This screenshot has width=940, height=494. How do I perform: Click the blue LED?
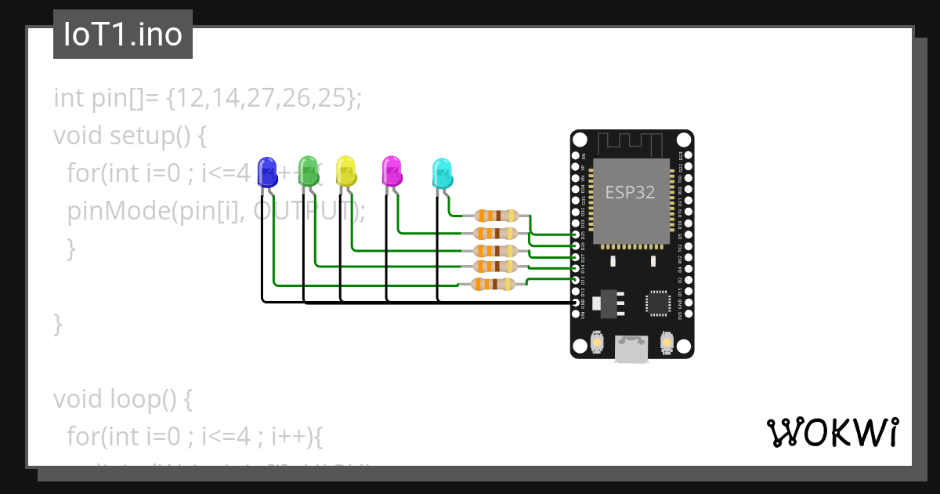click(268, 172)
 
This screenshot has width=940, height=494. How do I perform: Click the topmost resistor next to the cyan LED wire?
click(497, 216)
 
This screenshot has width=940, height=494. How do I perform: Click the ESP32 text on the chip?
click(630, 192)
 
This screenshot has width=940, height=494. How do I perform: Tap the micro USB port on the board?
click(631, 349)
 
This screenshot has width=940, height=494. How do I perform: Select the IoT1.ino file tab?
click(123, 35)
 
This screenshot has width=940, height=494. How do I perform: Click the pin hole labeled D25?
click(577, 234)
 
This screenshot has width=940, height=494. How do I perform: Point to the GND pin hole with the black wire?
click(577, 302)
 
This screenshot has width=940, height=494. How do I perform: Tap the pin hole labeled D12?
click(577, 280)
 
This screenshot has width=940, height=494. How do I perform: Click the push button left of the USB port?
click(597, 343)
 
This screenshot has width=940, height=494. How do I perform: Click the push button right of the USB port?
click(667, 343)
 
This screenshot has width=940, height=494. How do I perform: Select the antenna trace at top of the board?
click(631, 143)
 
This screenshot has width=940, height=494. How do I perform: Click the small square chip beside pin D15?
click(657, 303)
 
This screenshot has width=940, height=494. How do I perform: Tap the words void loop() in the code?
click(117, 399)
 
